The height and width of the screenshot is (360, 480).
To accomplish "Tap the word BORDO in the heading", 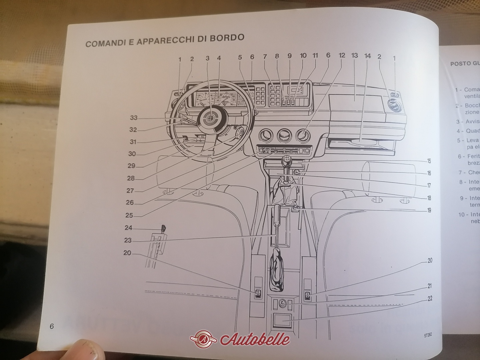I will click(x=227, y=37).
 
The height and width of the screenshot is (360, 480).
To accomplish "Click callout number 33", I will click(x=134, y=118).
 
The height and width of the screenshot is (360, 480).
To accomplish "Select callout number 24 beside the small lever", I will click(x=128, y=228).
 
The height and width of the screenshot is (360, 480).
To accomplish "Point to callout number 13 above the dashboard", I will click(x=354, y=55).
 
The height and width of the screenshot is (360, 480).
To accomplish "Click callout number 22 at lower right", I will click(x=430, y=298).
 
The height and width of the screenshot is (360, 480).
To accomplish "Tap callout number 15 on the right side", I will click(x=429, y=161).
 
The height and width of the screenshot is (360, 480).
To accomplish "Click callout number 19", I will click(x=429, y=210).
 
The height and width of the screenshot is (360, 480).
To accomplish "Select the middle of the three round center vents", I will click(x=283, y=135).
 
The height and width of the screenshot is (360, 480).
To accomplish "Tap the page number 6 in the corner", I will click(x=52, y=326).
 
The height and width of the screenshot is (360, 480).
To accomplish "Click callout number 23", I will click(x=128, y=240).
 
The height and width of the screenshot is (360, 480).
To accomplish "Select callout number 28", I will click(x=131, y=178).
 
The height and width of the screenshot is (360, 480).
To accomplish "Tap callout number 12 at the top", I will click(x=342, y=56).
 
